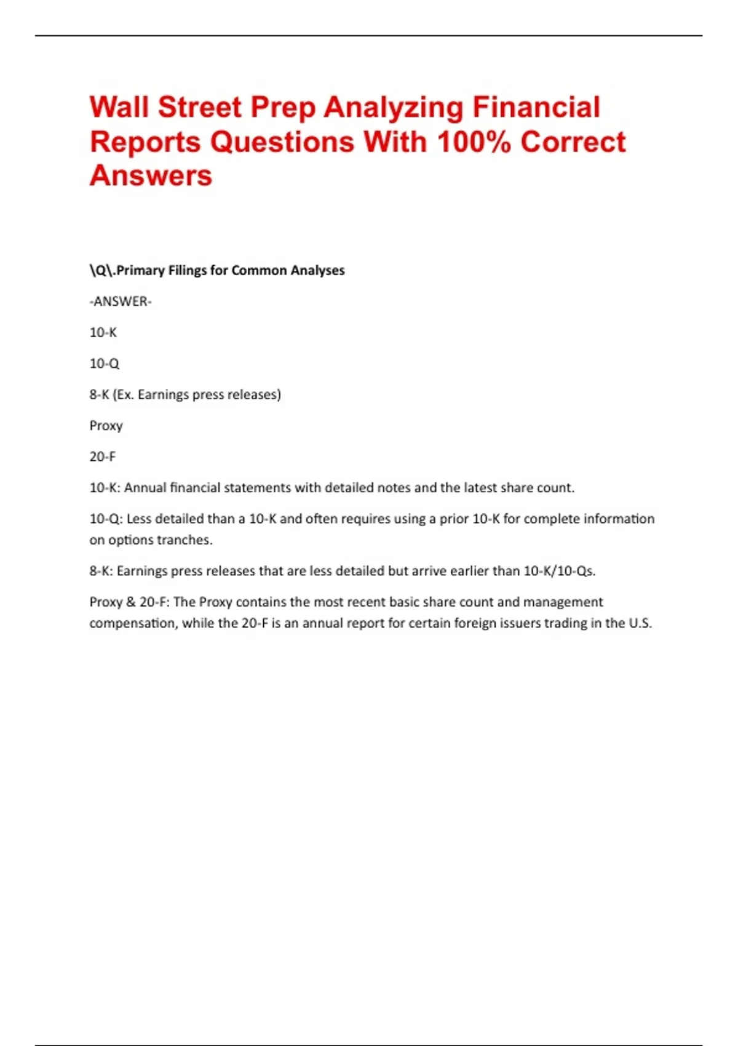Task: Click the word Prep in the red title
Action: (284, 108)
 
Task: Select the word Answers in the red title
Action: (151, 176)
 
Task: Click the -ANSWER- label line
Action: (121, 301)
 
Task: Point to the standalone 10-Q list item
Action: (105, 364)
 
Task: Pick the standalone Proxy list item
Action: (106, 426)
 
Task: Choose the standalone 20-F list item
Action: (103, 457)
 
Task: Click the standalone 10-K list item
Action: (103, 333)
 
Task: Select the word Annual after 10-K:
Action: (145, 488)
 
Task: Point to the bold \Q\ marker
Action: (101, 271)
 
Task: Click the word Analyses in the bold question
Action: (317, 271)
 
